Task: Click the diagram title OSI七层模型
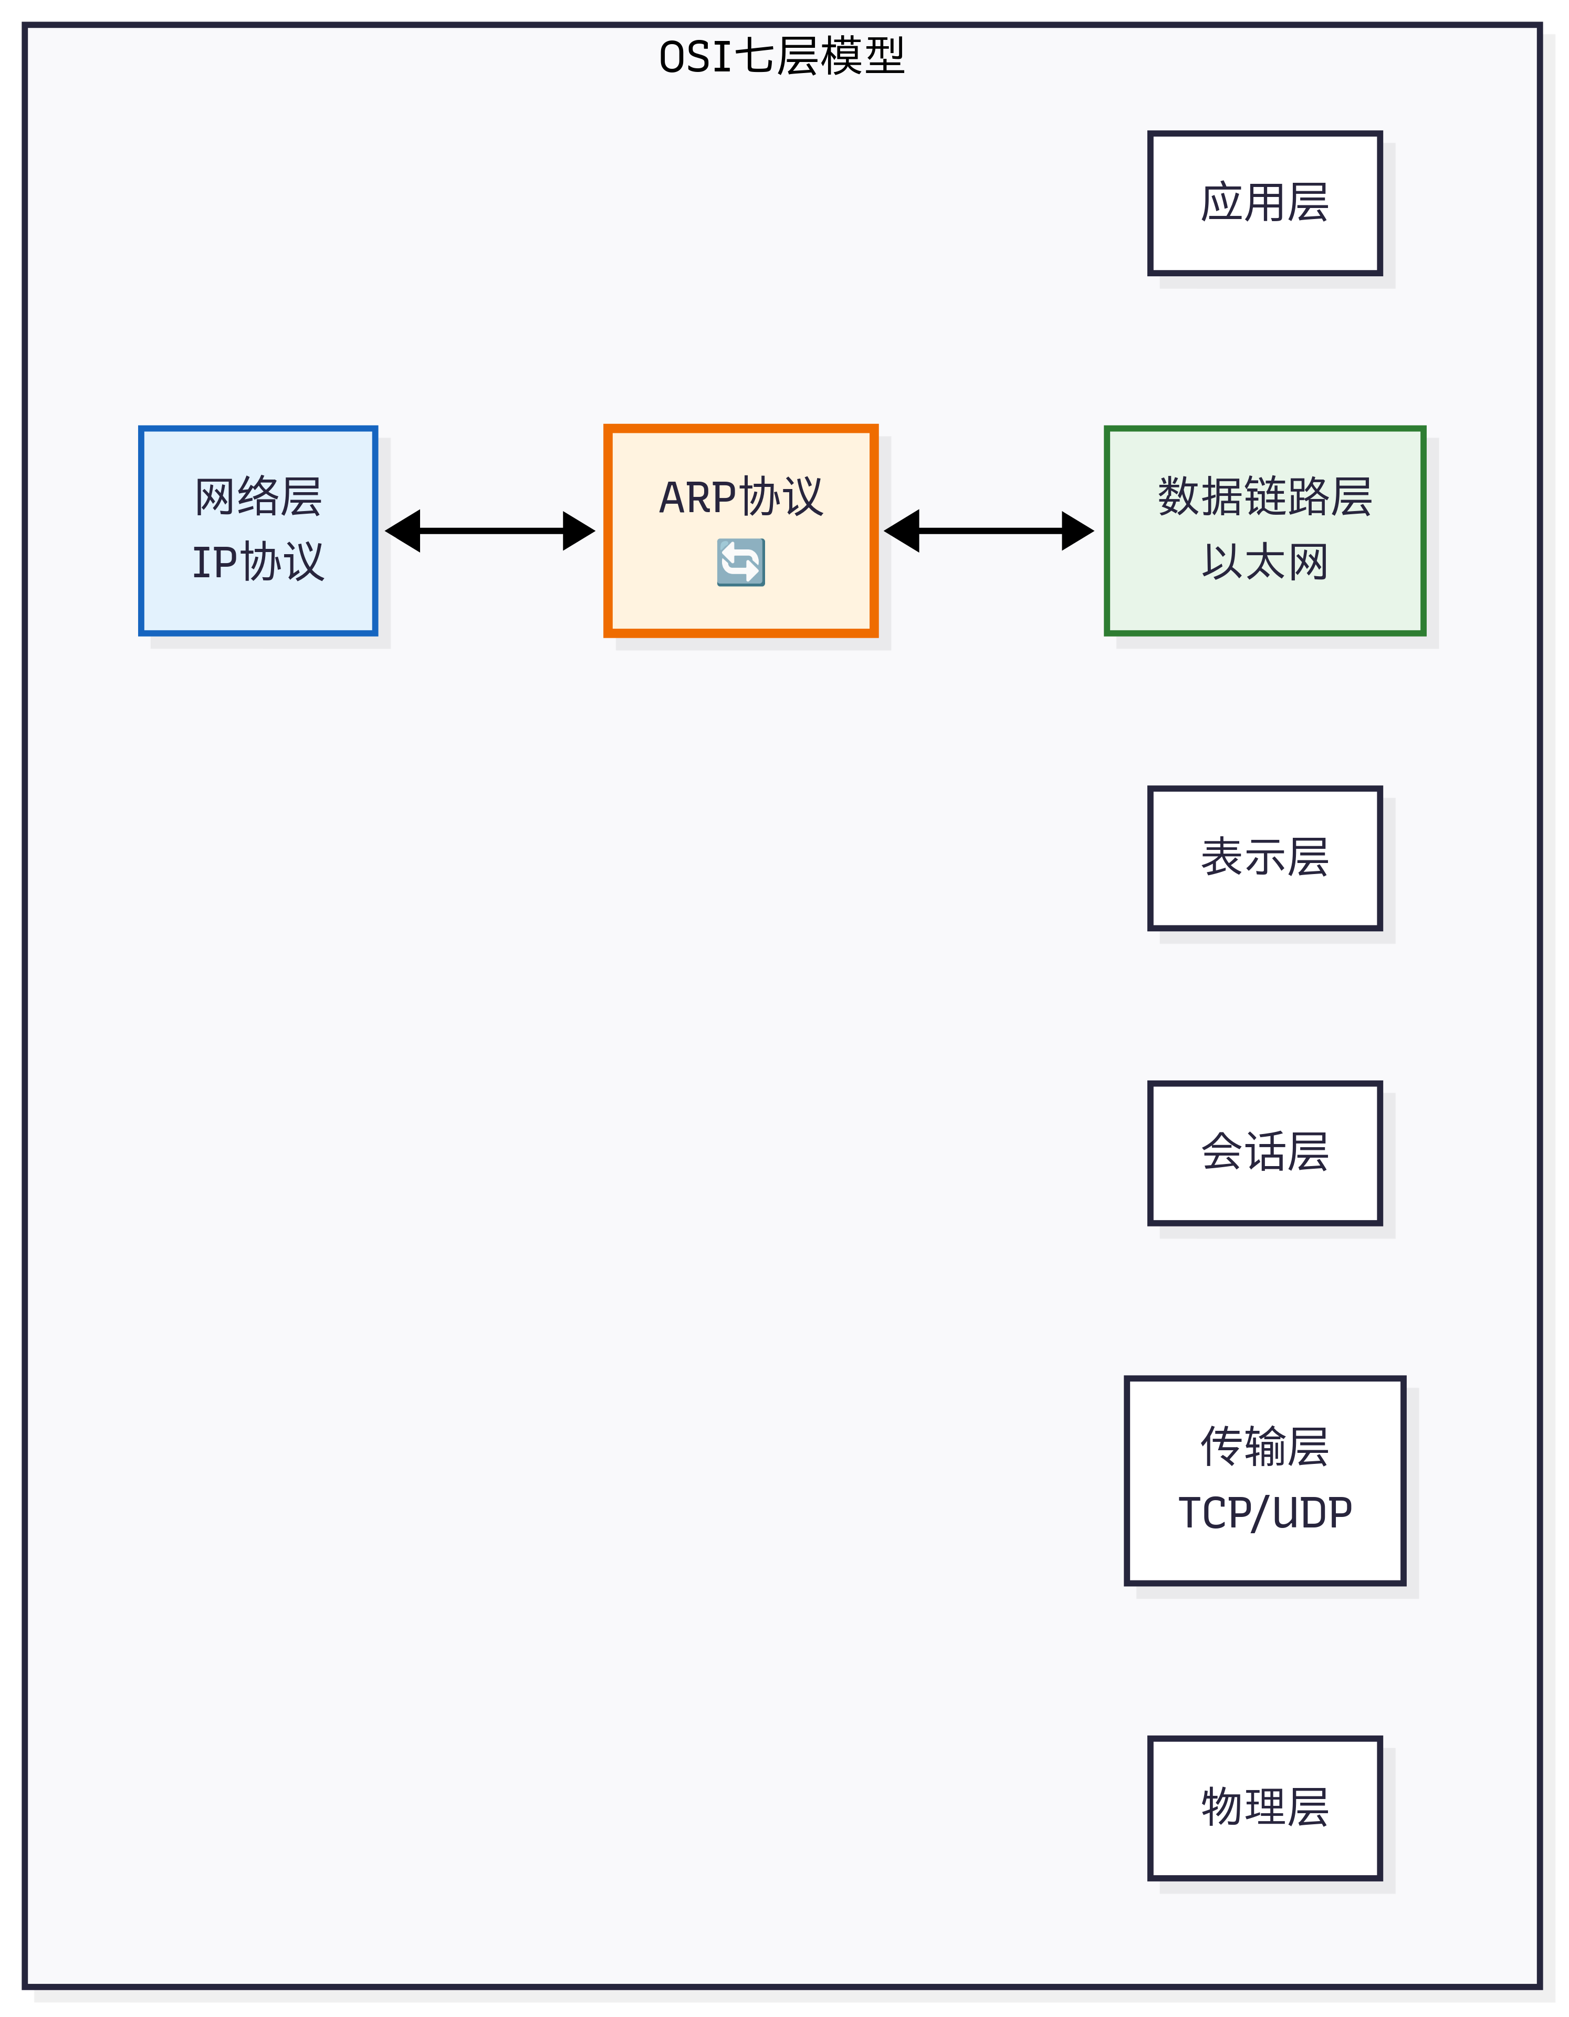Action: click(x=781, y=56)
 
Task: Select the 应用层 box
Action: click(x=1264, y=203)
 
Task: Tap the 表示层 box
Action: click(x=1264, y=858)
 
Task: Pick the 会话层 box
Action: click(x=1264, y=1152)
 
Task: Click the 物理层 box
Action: click(x=1264, y=1807)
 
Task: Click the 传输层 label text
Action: click(x=1264, y=1447)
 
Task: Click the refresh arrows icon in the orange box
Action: click(x=740, y=563)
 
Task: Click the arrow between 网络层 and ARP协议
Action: click(x=490, y=531)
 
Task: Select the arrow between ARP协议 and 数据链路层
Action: click(x=989, y=531)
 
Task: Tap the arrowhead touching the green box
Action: click(x=1077, y=531)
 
